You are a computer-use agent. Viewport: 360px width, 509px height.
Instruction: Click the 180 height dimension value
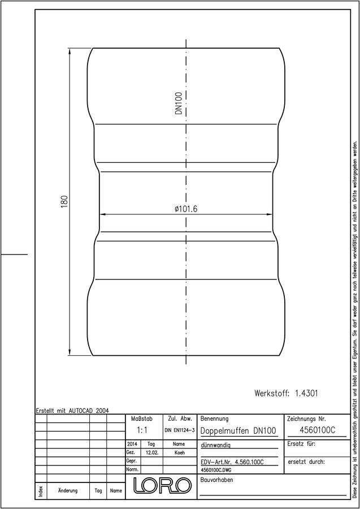pos(64,201)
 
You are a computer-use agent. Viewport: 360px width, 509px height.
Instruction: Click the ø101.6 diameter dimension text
pos(185,209)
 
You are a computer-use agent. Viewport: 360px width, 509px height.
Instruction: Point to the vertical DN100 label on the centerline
pos(179,103)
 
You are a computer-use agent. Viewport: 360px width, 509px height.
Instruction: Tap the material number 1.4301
pos(306,394)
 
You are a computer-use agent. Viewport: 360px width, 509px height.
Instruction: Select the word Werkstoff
pos(271,394)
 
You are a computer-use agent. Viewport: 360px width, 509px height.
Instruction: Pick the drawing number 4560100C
pos(317,430)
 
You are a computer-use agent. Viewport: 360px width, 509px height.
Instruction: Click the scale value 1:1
pos(142,430)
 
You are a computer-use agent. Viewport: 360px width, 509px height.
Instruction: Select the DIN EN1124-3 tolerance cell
pos(179,430)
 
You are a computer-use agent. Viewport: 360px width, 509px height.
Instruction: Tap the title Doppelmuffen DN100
pos(238,431)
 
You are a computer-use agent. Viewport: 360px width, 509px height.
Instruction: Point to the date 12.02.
pos(152,452)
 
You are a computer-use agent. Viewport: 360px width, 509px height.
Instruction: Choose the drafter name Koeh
pos(179,452)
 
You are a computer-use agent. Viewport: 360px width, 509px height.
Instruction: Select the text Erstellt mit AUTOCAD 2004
pos(73,411)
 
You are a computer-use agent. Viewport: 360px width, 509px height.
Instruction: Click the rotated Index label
pos(41,490)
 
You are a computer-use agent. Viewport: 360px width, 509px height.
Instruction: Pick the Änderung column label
pos(68,490)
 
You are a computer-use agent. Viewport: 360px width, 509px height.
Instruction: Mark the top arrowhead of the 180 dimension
pos(70,51)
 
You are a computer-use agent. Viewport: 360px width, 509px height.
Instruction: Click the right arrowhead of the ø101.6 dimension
pos(269,214)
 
